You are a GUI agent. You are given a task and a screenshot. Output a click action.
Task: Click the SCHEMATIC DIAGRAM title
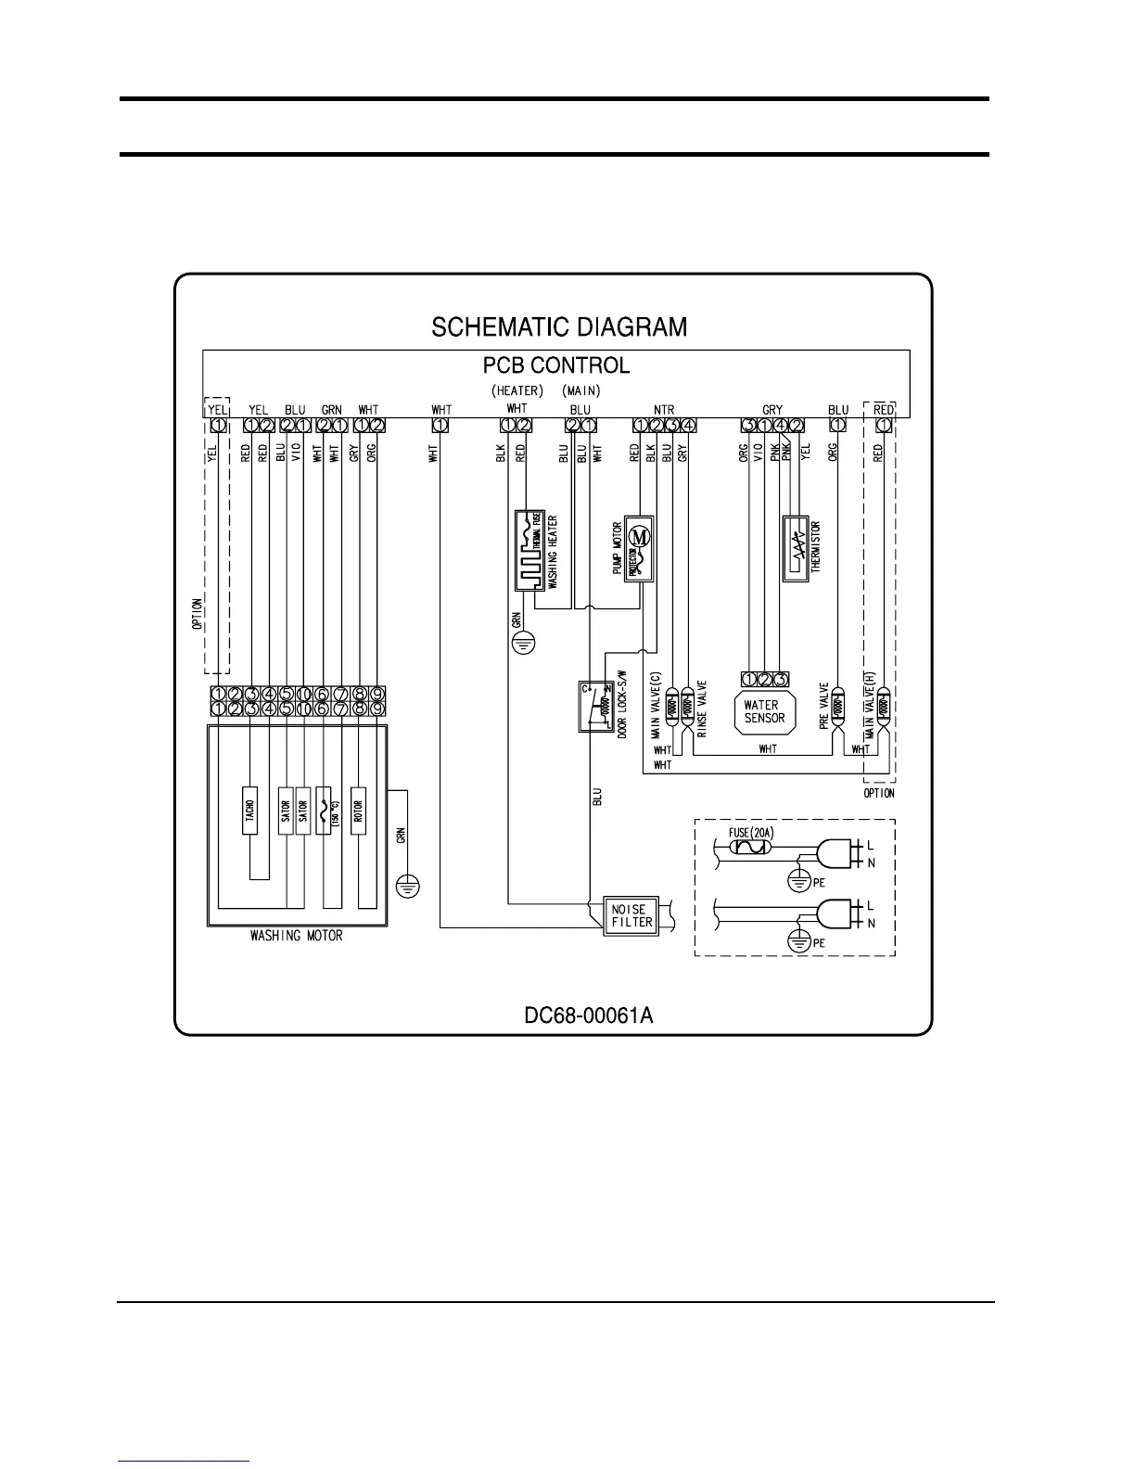(559, 327)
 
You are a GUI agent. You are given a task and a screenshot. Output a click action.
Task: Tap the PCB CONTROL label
(556, 365)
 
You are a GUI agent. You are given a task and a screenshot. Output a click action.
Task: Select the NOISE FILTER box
(631, 915)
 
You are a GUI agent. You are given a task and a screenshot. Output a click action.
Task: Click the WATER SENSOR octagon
(764, 712)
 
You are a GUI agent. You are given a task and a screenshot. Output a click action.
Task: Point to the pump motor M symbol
(639, 534)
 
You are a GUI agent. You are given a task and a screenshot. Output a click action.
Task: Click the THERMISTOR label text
(816, 547)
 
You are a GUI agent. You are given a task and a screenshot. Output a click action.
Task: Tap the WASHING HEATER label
(553, 553)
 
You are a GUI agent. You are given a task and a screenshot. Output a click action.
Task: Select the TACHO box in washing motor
(250, 811)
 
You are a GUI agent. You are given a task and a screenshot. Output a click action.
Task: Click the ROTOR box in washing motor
(358, 811)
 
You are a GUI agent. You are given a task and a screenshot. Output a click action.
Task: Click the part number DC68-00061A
(589, 1016)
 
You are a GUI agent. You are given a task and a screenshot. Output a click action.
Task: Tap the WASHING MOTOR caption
(297, 936)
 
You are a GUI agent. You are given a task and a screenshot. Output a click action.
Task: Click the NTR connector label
(664, 409)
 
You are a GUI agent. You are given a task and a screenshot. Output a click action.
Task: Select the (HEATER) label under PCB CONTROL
(516, 390)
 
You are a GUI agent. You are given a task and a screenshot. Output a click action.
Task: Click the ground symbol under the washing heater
(525, 641)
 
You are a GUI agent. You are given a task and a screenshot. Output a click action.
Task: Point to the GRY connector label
(772, 409)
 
